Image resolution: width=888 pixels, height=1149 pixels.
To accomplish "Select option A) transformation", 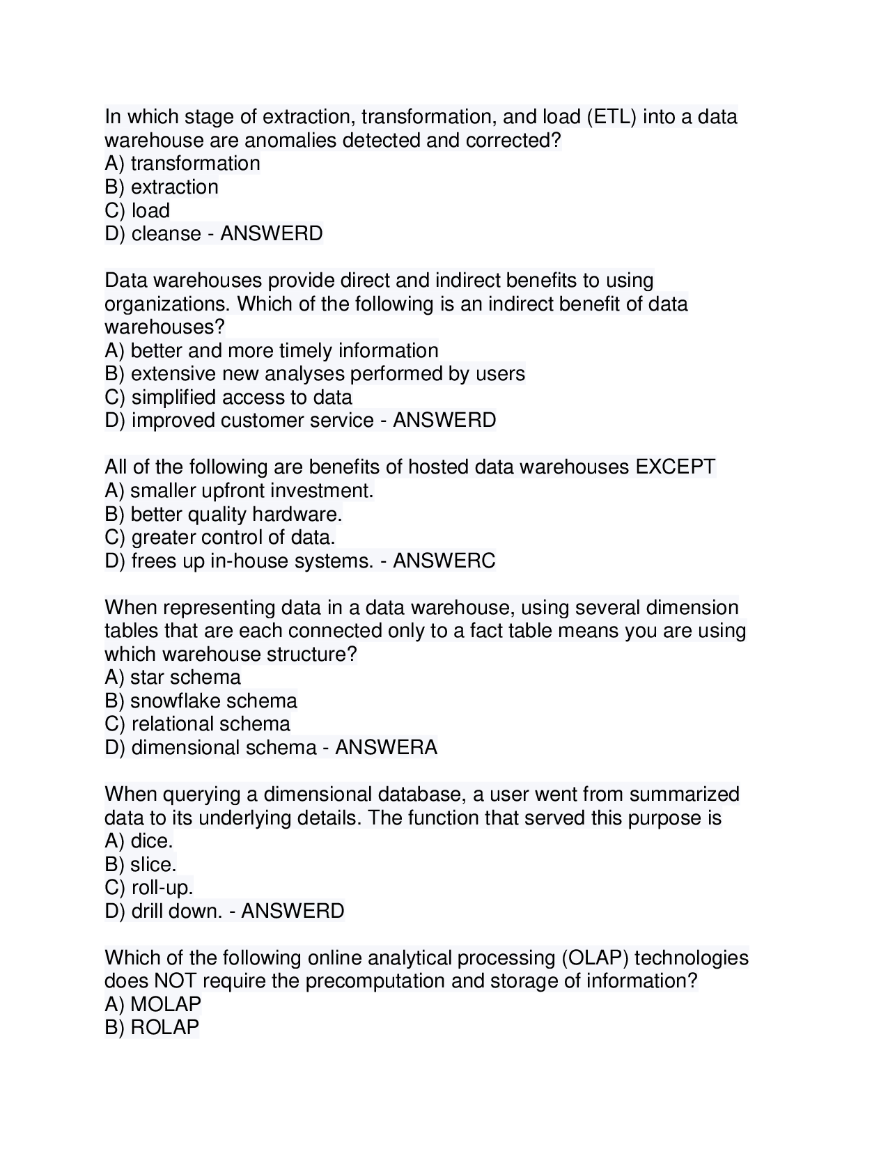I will tap(182, 164).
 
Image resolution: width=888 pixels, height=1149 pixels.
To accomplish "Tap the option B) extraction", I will tap(162, 187).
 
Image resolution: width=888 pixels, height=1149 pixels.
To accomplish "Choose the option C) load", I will tap(138, 210).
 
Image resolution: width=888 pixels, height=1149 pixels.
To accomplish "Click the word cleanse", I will tap(166, 234).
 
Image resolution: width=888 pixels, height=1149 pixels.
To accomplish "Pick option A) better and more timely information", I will tap(272, 350).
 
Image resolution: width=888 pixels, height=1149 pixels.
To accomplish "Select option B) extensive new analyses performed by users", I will tap(315, 374).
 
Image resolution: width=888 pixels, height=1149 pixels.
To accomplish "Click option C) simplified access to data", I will tap(228, 397).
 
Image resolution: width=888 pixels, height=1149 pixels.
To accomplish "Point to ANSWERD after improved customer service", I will tap(444, 421).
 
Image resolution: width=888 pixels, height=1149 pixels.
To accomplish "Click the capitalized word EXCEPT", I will tap(675, 467).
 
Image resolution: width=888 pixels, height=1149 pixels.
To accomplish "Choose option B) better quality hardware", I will tap(224, 514).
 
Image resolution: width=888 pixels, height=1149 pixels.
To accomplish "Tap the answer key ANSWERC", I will tap(444, 561).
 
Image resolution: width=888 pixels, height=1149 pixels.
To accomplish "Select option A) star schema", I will tap(173, 677).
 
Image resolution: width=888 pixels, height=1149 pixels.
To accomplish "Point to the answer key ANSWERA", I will tap(386, 747).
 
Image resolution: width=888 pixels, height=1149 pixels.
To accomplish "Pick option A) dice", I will tap(139, 841).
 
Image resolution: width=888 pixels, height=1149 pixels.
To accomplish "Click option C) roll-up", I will tap(149, 888).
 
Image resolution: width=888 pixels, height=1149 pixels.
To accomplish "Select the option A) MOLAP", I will tap(153, 1004).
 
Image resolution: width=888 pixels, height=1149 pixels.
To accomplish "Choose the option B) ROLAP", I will tap(152, 1028).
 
